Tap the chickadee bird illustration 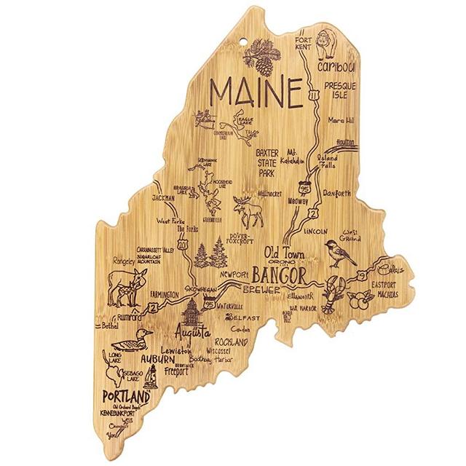[x=340, y=252]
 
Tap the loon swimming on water [x=134, y=340]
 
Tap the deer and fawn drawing [x=127, y=287]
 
